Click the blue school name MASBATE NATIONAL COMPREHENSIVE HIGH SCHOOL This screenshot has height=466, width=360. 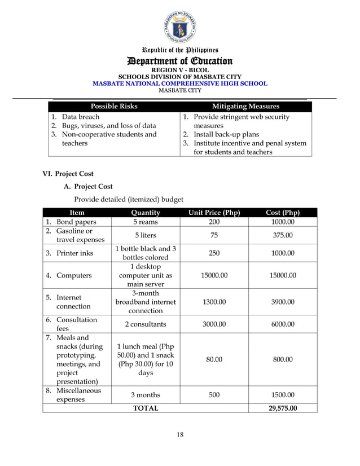coord(179,83)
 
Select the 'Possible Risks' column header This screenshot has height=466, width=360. coord(114,106)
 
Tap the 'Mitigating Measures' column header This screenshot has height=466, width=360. coord(245,106)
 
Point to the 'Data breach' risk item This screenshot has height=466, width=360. coord(81,117)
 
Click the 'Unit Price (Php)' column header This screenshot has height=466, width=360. coord(214,213)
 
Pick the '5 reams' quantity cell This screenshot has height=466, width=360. coord(146,222)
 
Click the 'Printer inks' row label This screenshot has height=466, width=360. coord(74,253)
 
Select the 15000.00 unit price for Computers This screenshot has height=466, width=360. coord(214,276)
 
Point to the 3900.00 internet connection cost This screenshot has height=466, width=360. coord(282,302)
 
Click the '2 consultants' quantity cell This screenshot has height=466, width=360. coord(146,324)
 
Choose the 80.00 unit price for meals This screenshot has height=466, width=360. coord(214,359)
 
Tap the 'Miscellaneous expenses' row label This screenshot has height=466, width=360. coord(78,395)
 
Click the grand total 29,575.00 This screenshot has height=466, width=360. coord(282,408)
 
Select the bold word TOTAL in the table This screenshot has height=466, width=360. coord(145,408)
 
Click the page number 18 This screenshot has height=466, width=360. coord(179,434)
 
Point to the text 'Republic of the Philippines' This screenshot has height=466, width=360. coord(179,50)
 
